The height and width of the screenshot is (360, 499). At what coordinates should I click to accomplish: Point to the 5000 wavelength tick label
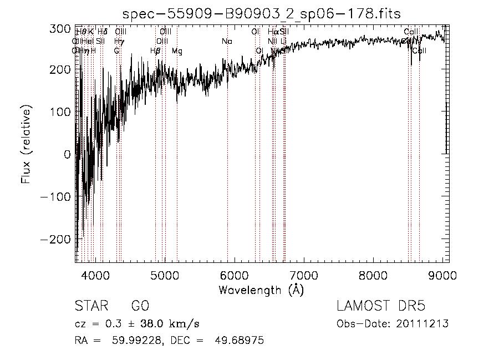click(165, 276)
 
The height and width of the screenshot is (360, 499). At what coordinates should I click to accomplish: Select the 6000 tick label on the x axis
click(234, 276)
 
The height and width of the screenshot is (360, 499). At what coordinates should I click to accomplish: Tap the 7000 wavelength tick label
click(304, 276)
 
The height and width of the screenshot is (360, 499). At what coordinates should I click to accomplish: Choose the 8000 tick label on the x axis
click(373, 276)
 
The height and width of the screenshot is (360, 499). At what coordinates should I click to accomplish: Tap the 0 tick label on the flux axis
click(68, 154)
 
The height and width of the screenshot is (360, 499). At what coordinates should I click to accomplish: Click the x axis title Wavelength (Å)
click(261, 290)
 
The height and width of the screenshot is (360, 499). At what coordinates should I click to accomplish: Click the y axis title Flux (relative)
click(26, 145)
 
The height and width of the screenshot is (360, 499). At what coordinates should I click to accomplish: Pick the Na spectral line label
click(227, 42)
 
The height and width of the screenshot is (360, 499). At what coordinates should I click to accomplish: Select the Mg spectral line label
click(177, 51)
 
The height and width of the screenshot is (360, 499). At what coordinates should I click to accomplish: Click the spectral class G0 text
click(140, 306)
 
